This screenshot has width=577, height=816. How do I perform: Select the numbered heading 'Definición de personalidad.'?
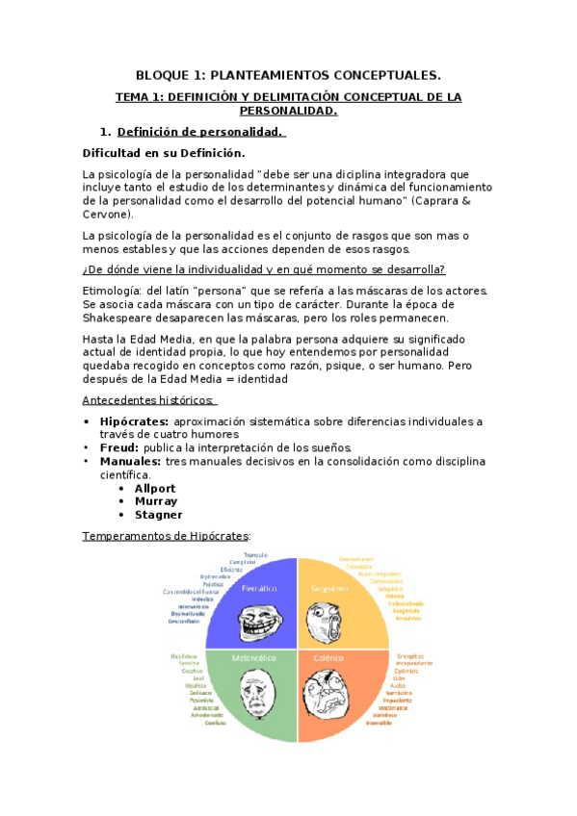[x=200, y=132]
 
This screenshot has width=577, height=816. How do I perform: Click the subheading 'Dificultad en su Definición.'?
[x=164, y=153]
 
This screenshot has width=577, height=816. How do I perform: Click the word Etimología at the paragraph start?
[x=113, y=291]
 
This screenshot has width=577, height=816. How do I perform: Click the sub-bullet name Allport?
[x=155, y=488]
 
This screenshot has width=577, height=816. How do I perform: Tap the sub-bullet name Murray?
[x=156, y=501]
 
